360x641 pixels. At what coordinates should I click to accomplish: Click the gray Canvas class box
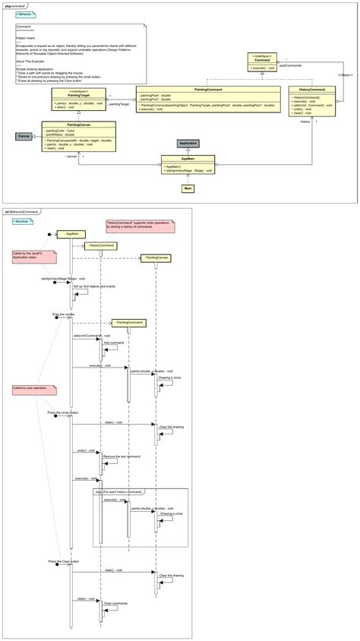(x=24, y=136)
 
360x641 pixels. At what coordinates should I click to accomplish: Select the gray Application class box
(x=188, y=143)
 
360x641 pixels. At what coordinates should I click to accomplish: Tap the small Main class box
(x=188, y=188)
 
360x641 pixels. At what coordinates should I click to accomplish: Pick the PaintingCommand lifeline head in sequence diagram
(x=128, y=322)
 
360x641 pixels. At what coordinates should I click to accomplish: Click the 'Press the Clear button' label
(x=63, y=562)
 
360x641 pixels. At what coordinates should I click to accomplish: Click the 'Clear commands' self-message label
(x=115, y=604)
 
